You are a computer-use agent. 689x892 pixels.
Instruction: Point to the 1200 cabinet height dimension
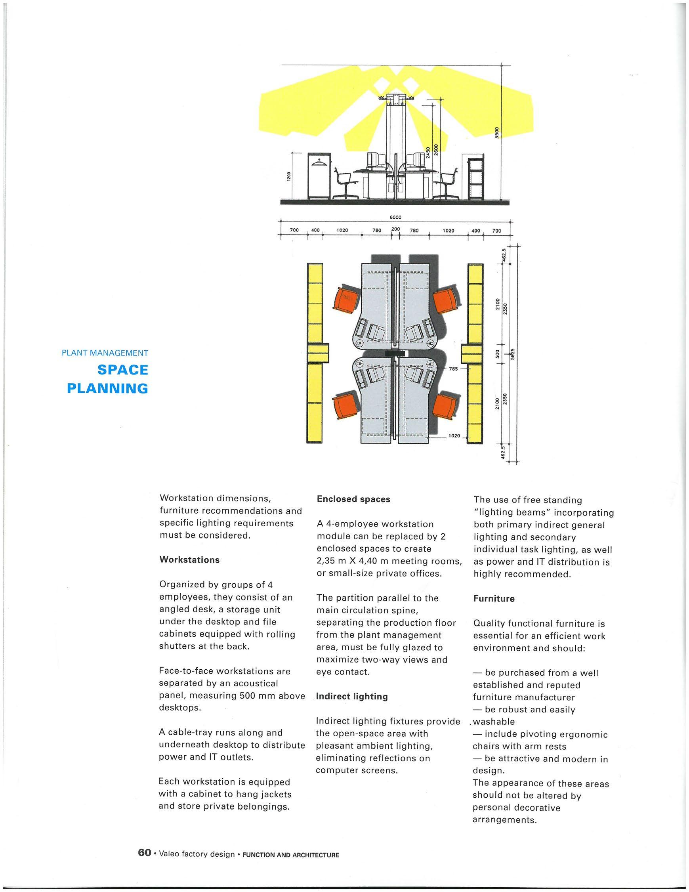[288, 176]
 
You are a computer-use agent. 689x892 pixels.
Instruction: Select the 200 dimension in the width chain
[395, 229]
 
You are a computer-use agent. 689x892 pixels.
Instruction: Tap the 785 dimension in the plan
[452, 368]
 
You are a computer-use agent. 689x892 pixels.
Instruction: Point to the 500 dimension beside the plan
[498, 353]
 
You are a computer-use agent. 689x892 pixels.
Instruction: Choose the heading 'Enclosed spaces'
[353, 499]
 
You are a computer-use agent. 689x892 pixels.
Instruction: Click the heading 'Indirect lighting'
[352, 696]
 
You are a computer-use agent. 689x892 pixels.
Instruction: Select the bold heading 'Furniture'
[494, 599]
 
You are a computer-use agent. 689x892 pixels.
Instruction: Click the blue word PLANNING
[107, 388]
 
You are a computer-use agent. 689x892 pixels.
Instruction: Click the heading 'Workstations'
[189, 560]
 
